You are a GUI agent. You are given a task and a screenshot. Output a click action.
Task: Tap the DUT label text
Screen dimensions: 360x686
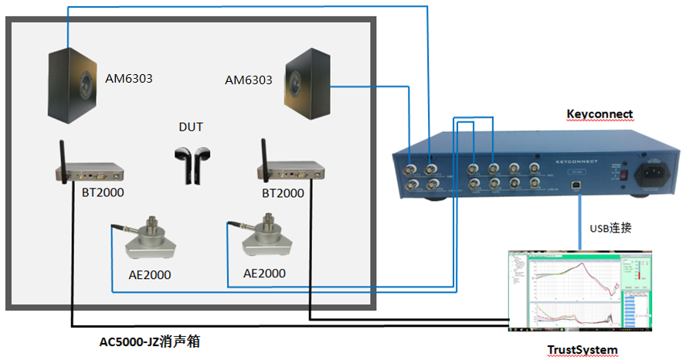coord(191,127)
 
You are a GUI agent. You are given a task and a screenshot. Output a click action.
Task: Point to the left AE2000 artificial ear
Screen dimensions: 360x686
coord(152,242)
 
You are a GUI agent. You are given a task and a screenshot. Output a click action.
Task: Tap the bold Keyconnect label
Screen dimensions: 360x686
coord(599,114)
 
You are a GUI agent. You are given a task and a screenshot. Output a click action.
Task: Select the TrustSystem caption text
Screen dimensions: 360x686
coord(582,350)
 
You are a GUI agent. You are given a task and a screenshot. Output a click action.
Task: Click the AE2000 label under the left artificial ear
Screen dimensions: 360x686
coord(148,274)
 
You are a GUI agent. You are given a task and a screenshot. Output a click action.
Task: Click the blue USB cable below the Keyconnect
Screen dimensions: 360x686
coord(579,224)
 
